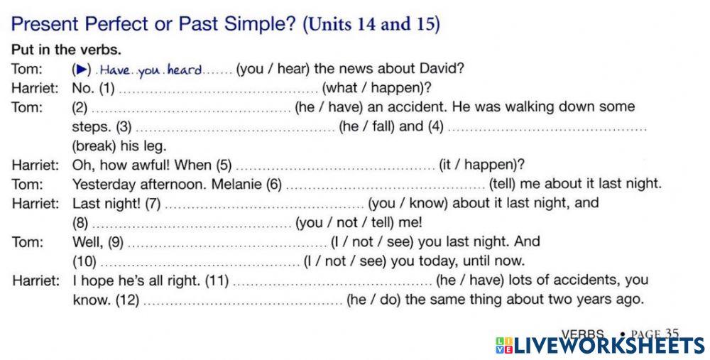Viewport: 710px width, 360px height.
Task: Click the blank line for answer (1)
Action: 218,90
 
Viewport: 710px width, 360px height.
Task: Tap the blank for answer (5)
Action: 335,167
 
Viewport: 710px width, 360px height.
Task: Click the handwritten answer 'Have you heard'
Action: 150,70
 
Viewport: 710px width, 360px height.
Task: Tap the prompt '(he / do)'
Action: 373,300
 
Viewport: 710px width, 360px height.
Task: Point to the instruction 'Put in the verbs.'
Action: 66,50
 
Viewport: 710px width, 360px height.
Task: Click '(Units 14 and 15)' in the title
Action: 371,24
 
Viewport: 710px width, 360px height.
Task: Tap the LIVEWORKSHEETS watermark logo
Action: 599,346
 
